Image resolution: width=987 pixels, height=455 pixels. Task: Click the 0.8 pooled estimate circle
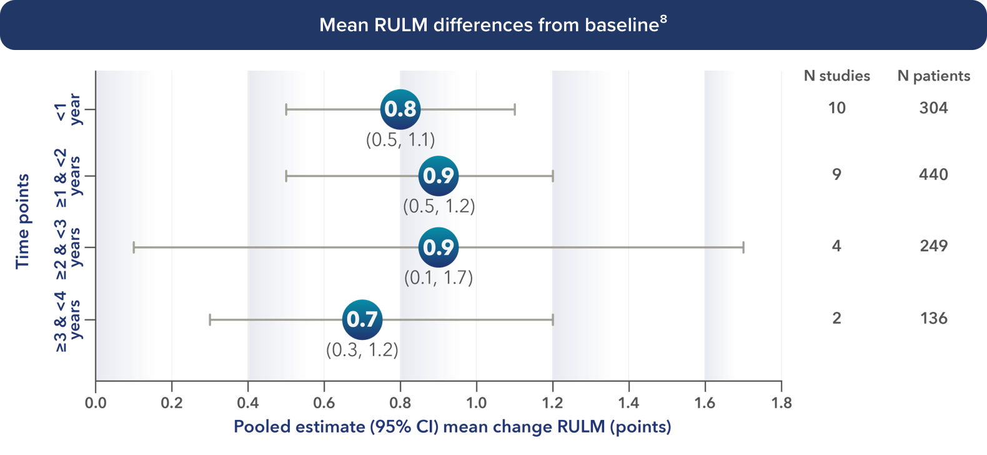pos(400,109)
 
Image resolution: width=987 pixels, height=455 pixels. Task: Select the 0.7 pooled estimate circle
pos(362,319)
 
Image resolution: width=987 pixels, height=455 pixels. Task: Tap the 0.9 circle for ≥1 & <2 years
pos(439,176)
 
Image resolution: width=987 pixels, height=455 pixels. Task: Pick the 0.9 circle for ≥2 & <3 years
pos(439,247)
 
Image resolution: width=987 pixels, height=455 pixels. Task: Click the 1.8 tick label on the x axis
pos(781,403)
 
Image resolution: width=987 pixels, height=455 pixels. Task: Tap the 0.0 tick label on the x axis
pos(96,403)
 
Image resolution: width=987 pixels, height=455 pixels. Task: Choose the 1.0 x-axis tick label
pos(476,403)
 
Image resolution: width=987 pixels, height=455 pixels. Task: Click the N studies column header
pos(836,76)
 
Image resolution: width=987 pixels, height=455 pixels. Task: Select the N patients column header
pos(934,76)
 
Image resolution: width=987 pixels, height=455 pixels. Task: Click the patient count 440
pos(933,174)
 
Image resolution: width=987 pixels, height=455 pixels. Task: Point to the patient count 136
pos(933,318)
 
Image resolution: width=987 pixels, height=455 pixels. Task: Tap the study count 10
pos(836,108)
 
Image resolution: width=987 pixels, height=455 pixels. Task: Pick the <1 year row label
pos(68,109)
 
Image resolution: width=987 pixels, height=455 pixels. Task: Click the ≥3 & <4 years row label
pos(68,320)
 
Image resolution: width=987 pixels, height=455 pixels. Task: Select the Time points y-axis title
pos(22,221)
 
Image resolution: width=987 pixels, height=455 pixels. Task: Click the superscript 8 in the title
pos(663,19)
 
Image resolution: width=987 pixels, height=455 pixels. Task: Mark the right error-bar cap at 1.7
pos(743,247)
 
